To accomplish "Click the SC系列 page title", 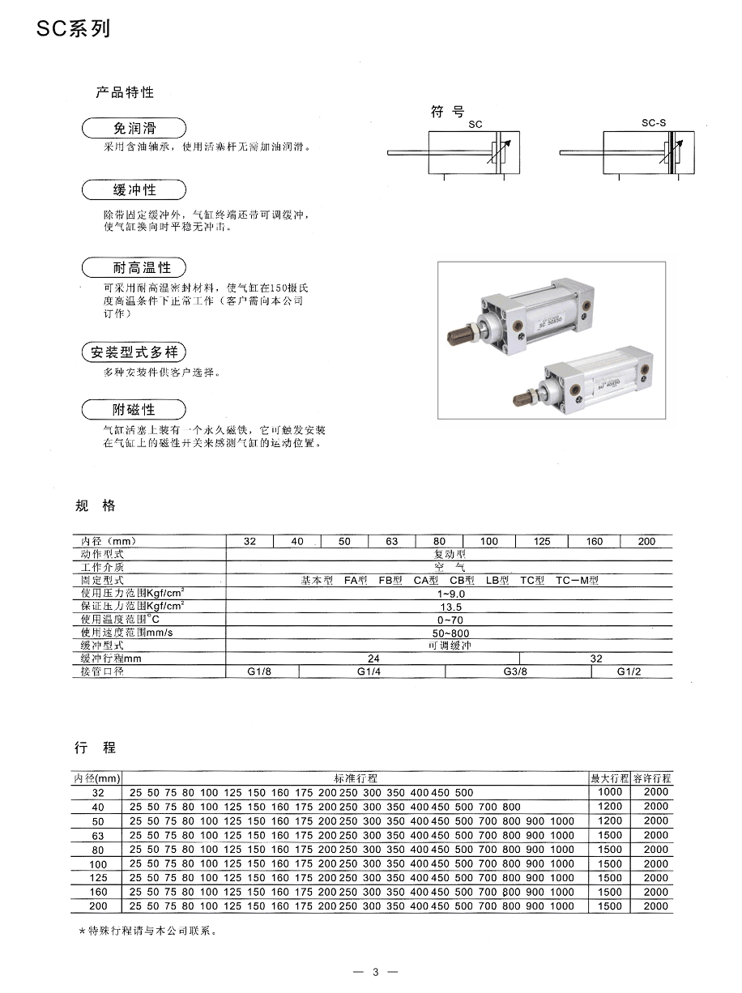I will point(73,30).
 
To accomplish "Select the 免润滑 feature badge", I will point(134,128).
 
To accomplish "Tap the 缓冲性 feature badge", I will point(134,190).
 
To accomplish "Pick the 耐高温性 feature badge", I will point(134,267).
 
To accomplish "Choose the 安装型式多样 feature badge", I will point(134,352).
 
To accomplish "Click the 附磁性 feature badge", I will point(134,409).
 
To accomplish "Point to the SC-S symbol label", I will point(653,123).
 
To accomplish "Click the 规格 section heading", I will point(96,506).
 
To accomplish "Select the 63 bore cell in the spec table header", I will point(392,541).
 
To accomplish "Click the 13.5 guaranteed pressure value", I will point(450,607).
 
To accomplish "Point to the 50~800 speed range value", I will point(450,633).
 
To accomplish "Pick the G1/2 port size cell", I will point(629,672).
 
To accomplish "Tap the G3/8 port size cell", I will point(515,672).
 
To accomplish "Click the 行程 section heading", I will point(96,747).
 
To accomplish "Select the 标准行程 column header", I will point(356,778).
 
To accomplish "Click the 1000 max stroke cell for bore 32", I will point(610,792).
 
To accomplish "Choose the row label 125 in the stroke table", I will point(99,878).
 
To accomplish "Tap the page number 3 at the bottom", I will point(376,972).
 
